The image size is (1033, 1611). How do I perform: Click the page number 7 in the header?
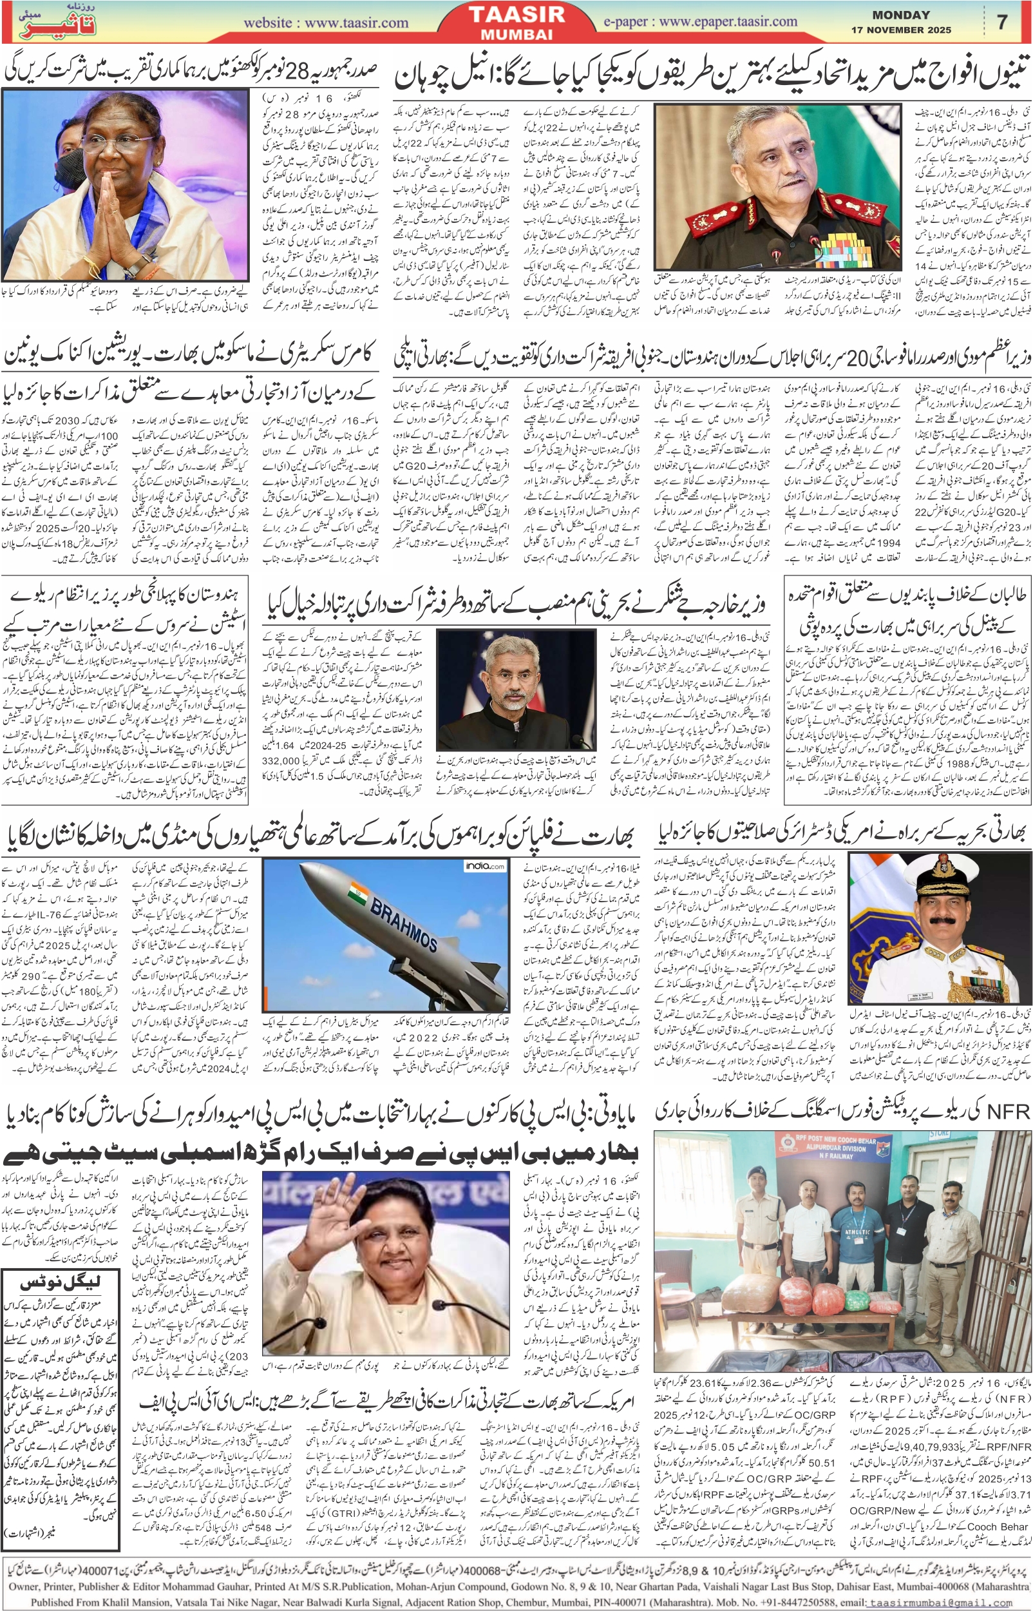(x=1002, y=22)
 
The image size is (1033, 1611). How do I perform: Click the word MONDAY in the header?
(x=901, y=15)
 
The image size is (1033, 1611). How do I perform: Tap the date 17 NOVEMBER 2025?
(x=901, y=30)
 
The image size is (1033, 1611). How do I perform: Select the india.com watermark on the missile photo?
(x=485, y=866)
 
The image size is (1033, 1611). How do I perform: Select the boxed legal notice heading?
(x=63, y=1284)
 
